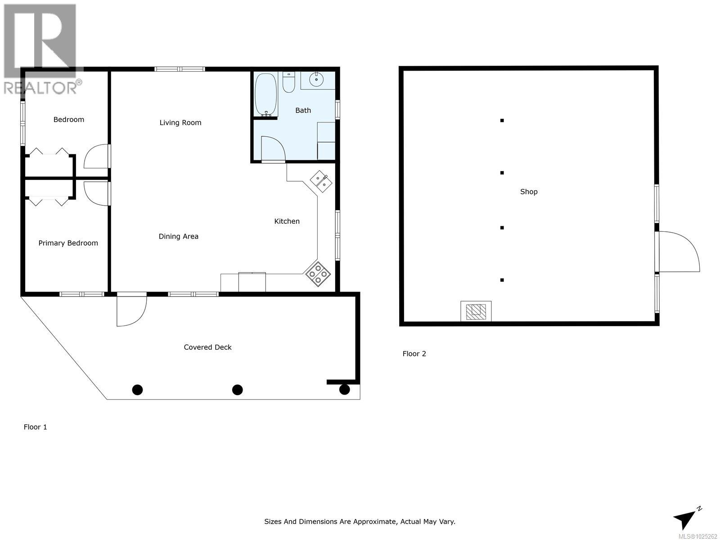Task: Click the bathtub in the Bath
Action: click(x=266, y=94)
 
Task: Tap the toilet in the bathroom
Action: click(x=288, y=82)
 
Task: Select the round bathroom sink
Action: click(x=317, y=80)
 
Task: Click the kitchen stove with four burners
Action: click(x=318, y=274)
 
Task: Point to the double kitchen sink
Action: click(x=321, y=181)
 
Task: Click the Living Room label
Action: click(x=180, y=122)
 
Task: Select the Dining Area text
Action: click(x=178, y=236)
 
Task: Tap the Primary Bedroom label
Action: click(x=68, y=243)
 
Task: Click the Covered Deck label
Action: click(x=207, y=347)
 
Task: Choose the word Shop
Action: click(x=529, y=192)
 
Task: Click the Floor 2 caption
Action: click(x=414, y=354)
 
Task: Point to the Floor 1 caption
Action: click(x=35, y=427)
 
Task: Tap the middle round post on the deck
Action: click(x=237, y=390)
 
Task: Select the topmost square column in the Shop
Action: click(x=502, y=120)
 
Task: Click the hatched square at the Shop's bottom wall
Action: click(x=476, y=311)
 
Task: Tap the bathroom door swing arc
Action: click(x=273, y=148)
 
